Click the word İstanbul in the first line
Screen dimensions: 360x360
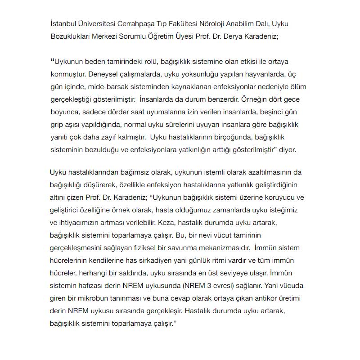63,23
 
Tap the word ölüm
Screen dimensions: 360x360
297,85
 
